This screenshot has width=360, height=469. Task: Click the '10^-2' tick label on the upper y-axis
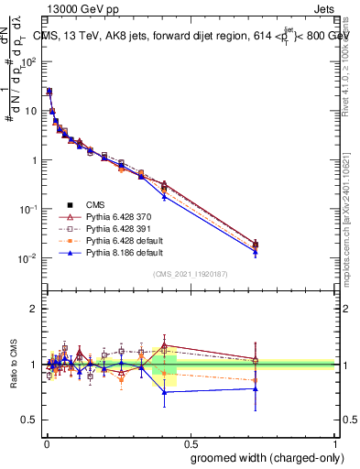[29, 258]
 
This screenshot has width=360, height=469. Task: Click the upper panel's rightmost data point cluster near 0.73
[256, 245]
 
